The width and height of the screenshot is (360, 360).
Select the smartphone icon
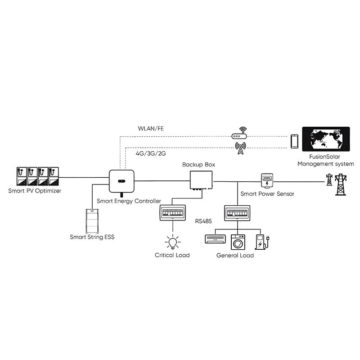click(295, 141)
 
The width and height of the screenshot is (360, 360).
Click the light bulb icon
click(172, 242)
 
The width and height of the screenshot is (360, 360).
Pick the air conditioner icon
click(216, 238)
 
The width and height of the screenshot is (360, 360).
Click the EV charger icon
click(261, 242)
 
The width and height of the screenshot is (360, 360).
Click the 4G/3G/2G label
click(151, 153)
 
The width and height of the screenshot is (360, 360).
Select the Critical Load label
click(172, 255)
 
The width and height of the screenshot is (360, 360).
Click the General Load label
click(235, 255)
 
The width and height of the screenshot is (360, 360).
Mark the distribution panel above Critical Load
click(172, 212)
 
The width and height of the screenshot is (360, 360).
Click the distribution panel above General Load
click(236, 212)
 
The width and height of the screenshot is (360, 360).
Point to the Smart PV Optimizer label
click(35, 191)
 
